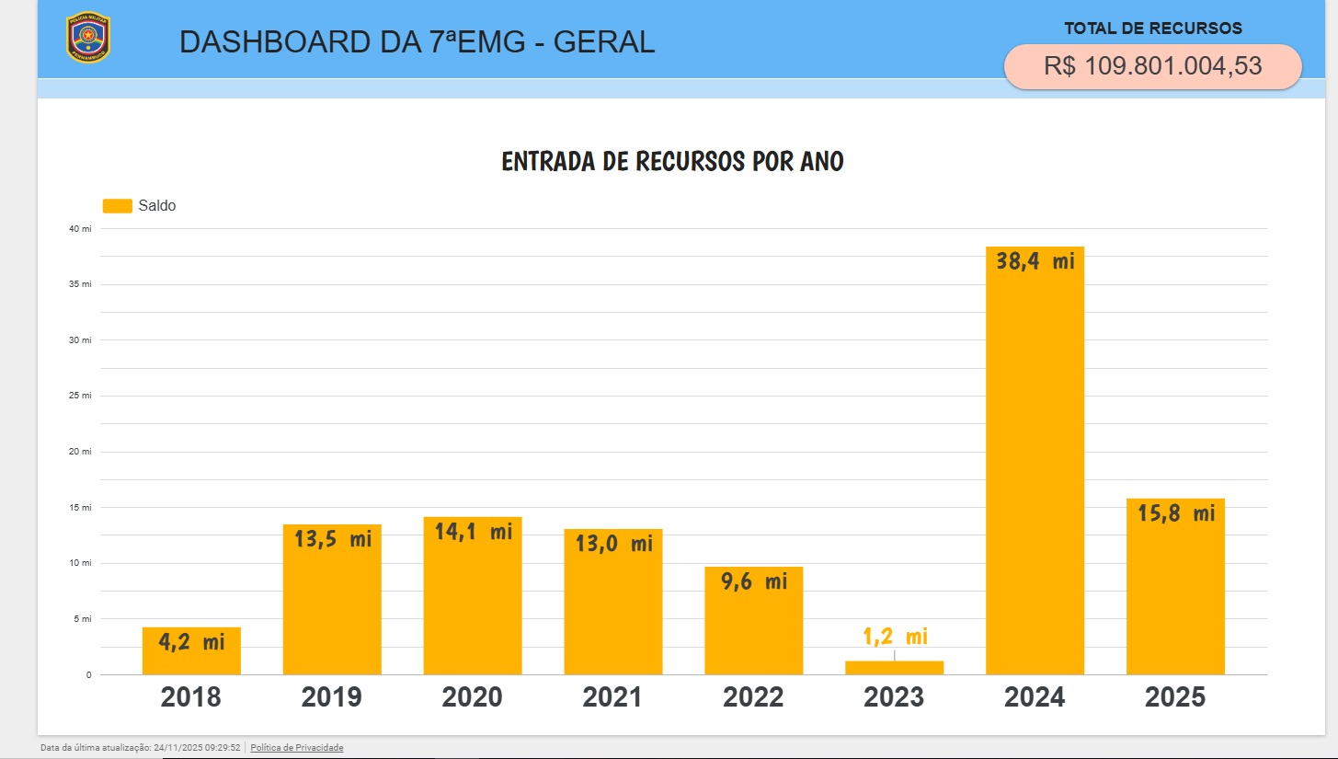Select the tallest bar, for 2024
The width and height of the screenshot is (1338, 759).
(x=1035, y=460)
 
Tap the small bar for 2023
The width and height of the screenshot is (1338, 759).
(x=894, y=668)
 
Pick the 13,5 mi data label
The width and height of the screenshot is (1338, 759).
(x=333, y=539)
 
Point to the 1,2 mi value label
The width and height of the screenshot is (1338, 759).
(x=895, y=637)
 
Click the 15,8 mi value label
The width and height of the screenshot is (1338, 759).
(x=1176, y=513)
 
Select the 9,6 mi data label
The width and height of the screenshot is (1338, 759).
(x=754, y=581)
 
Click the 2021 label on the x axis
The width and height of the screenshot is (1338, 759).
(x=612, y=697)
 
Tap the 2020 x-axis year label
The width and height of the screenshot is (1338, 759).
(x=472, y=697)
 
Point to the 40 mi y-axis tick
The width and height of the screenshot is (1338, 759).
(x=81, y=228)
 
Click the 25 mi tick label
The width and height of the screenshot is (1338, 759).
(x=81, y=396)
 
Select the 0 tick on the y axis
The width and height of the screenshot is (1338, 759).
(x=89, y=675)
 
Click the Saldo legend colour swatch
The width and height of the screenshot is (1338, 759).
(x=117, y=206)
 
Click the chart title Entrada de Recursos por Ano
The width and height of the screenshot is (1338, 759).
(x=672, y=162)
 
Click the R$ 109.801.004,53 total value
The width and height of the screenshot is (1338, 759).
(x=1152, y=66)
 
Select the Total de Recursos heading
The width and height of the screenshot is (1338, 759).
(x=1152, y=29)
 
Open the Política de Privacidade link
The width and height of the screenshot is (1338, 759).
(x=296, y=748)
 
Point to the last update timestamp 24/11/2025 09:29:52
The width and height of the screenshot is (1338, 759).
(x=197, y=748)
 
